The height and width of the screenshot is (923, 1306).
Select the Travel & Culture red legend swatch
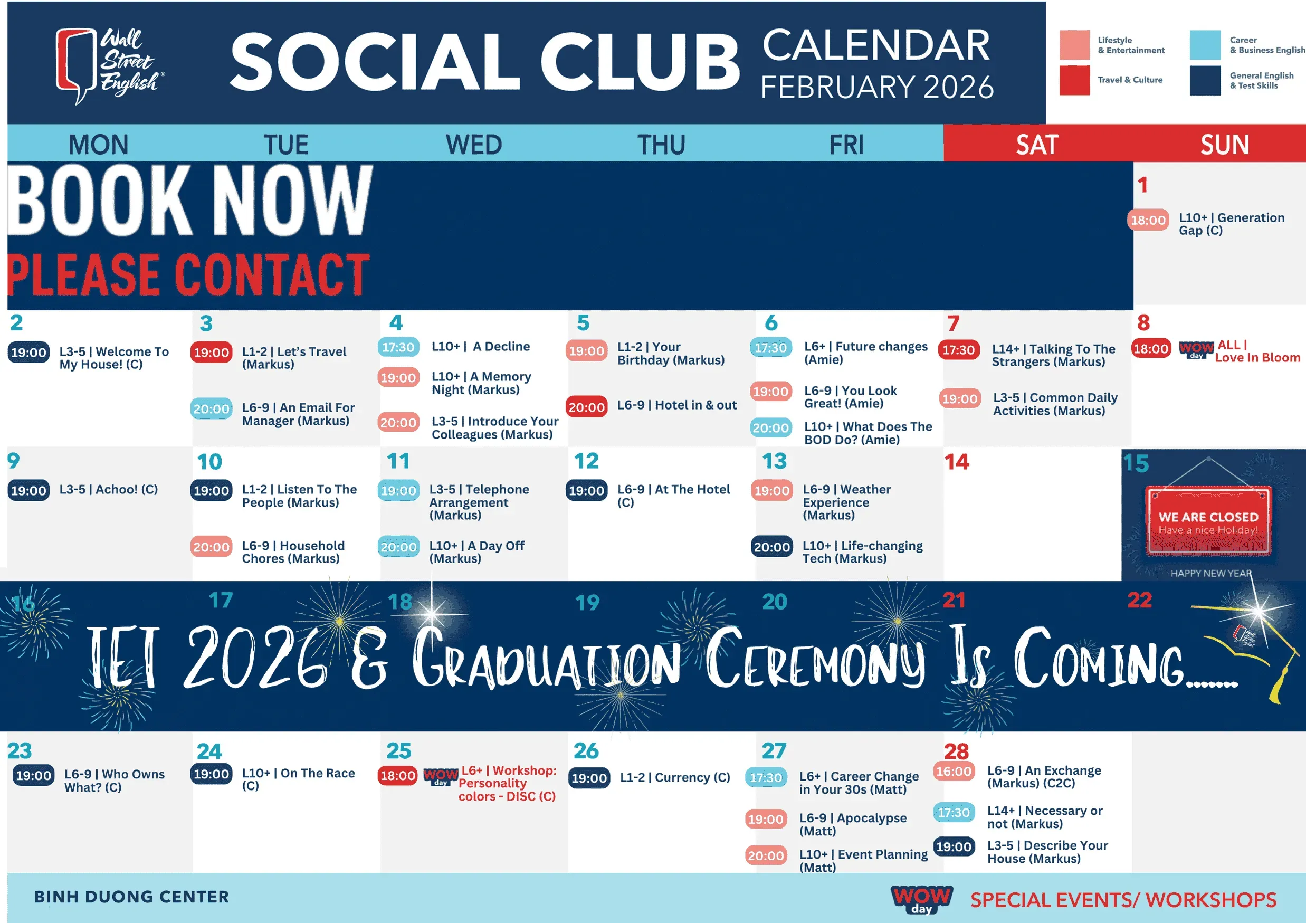point(1074,80)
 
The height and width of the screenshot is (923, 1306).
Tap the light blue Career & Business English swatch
point(1205,45)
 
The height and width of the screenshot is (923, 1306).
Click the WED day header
point(474,145)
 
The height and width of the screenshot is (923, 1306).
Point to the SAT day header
point(1037,145)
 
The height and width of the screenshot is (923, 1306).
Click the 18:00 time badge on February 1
point(1148,220)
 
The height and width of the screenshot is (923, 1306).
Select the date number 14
point(957,461)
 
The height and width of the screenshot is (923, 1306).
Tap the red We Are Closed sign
point(1208,520)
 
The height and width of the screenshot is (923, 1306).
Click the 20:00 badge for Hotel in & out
point(586,407)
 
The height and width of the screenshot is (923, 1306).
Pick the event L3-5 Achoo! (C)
point(109,489)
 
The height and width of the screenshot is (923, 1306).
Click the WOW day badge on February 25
point(441,777)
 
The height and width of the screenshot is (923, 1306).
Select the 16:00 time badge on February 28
point(954,771)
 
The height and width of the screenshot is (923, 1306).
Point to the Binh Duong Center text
point(131,897)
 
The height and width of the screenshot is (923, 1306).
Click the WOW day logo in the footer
point(921,899)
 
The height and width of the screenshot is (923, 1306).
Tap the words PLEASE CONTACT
point(189,274)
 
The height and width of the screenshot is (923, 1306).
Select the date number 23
point(20,750)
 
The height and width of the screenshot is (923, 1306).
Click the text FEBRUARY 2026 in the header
point(877,87)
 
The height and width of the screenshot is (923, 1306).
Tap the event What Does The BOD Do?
point(868,433)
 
